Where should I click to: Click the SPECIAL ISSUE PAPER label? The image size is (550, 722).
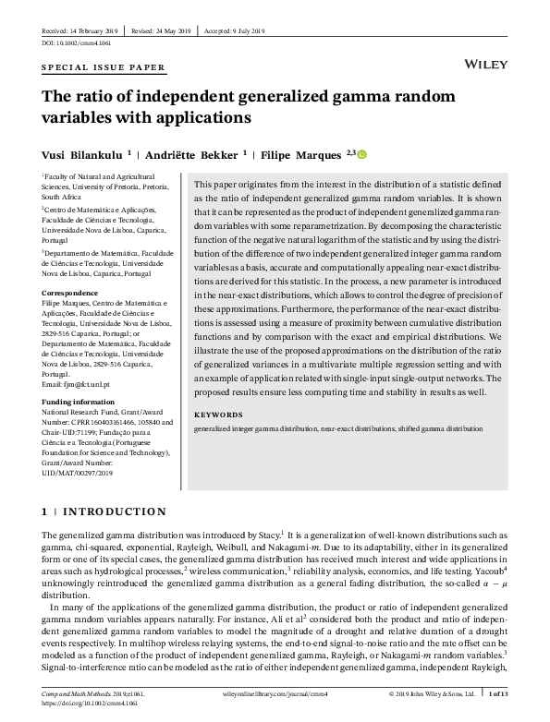pyautogui.click(x=104, y=68)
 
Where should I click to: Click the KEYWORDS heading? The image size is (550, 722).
pyautogui.click(x=217, y=415)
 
